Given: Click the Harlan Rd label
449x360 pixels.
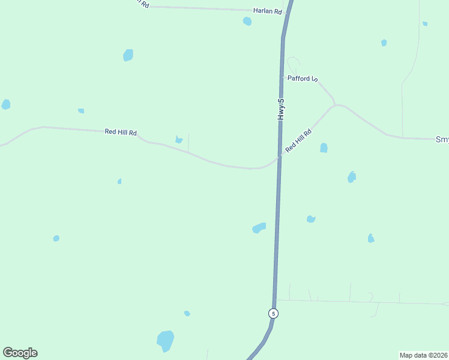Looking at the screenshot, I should (x=267, y=11).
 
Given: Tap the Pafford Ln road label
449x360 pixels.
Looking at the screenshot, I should (x=302, y=79).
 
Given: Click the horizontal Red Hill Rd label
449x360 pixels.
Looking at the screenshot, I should (x=121, y=132).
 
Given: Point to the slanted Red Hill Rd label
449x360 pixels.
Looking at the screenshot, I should (x=298, y=140).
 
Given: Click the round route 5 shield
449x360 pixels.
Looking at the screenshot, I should (x=273, y=313).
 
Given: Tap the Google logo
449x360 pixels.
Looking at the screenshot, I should (x=20, y=353).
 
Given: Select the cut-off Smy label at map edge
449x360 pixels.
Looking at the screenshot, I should (x=442, y=139).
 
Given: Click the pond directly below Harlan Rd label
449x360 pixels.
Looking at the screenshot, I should (x=247, y=22).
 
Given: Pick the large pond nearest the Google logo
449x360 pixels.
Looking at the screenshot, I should (x=165, y=341).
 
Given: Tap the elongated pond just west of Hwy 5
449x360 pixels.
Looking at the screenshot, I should (x=259, y=227).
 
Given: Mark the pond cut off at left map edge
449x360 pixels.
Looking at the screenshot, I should (x=5, y=104).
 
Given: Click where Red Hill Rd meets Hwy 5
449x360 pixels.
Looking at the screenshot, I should (x=279, y=157).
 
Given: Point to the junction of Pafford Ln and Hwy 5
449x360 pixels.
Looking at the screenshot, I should (x=282, y=77).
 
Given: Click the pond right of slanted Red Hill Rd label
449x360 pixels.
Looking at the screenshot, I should (x=324, y=148).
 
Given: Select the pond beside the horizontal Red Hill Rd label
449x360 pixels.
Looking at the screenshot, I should (x=178, y=140).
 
